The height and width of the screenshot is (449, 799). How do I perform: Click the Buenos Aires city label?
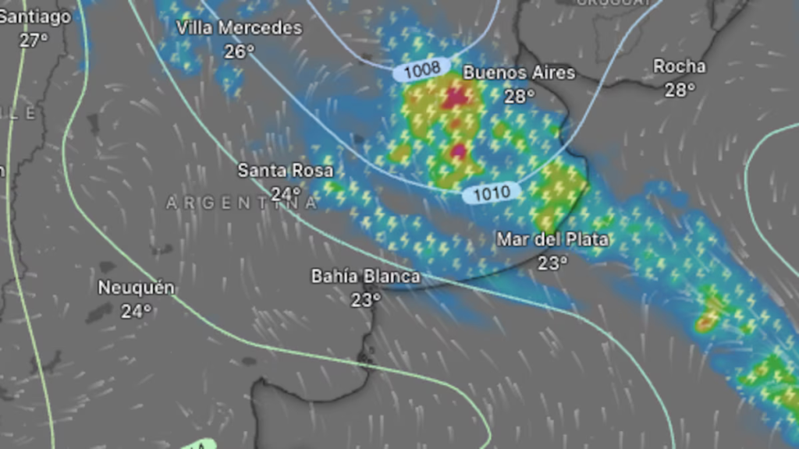pos(519,72)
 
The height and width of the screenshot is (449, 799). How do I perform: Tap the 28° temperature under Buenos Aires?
pos(520,96)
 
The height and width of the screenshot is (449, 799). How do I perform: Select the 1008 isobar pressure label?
pos(422,70)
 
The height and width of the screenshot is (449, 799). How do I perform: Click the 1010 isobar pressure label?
pos(492,193)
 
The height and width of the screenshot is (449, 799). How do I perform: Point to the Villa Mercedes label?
pos(239,28)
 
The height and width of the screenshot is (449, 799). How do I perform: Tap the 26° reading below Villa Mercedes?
pos(239,51)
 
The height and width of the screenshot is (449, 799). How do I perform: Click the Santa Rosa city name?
pos(286,170)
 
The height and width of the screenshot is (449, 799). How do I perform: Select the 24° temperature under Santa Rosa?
pos(286,193)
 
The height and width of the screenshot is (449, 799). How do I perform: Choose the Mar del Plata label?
pos(552,239)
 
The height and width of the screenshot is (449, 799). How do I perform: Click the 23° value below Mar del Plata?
pos(552,263)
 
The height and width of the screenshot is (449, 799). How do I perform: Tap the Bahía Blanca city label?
pos(365,276)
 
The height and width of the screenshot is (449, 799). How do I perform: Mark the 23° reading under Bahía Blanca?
pos(365,299)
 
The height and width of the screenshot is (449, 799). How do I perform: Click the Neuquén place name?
pos(136,288)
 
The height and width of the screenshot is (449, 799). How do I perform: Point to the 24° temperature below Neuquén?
pos(136,311)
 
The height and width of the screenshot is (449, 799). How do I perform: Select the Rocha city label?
pos(680,66)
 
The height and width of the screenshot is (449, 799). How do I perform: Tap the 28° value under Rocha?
pos(680,90)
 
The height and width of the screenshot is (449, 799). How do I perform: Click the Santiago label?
pos(35,16)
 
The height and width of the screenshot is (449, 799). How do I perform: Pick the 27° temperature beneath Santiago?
pos(34,40)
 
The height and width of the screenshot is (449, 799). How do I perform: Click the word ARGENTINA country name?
pos(242,203)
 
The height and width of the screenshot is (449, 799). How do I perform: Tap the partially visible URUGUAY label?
pos(614,3)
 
